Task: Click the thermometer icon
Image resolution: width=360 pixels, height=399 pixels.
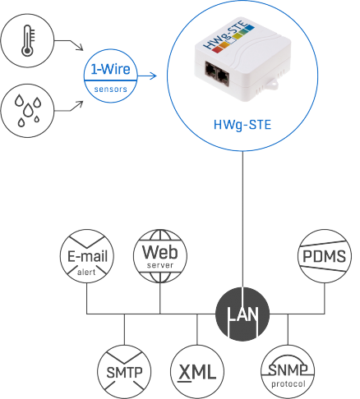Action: (28, 40)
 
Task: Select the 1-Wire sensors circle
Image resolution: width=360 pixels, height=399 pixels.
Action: (110, 76)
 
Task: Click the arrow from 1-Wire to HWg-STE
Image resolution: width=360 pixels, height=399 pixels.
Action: (147, 76)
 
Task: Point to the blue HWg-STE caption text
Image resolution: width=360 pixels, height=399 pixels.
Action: (242, 125)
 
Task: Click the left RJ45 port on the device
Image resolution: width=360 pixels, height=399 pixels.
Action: (210, 70)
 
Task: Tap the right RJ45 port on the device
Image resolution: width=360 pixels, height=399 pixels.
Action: (224, 77)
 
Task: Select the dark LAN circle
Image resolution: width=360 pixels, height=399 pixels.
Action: (242, 314)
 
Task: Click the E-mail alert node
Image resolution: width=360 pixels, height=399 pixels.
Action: (87, 256)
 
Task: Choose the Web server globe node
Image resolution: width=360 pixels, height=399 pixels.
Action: (160, 256)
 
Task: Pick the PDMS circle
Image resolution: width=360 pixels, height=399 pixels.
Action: (325, 256)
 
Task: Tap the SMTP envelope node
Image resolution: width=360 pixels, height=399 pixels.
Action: (124, 372)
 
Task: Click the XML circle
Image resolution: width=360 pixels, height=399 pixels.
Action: (197, 372)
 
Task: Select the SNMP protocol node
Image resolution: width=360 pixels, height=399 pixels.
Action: (288, 372)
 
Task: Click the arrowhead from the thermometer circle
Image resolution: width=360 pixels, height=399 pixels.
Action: (80, 47)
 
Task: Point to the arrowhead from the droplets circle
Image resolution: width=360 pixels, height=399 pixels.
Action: (80, 104)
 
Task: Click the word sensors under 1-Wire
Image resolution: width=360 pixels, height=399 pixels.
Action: (111, 89)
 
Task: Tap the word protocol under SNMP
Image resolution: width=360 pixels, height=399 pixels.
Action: (288, 384)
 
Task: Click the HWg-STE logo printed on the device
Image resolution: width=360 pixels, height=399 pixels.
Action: (228, 38)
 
